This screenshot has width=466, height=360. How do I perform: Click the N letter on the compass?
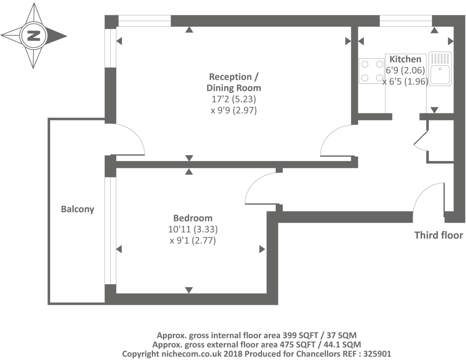[34, 36]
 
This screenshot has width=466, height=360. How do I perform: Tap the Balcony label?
[78, 209]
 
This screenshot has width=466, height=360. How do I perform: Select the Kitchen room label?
[405, 59]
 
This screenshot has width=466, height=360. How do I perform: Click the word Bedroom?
[193, 218]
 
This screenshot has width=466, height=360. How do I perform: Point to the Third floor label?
[439, 235]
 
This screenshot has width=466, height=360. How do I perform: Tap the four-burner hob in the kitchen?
[372, 71]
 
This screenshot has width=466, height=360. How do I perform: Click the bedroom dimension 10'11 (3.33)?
[193, 229]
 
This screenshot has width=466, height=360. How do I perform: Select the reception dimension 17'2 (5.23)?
[234, 99]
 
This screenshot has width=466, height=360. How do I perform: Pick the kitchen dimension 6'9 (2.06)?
[405, 70]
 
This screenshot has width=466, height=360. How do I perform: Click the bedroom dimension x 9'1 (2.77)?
[193, 240]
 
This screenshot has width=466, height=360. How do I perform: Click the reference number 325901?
[377, 354]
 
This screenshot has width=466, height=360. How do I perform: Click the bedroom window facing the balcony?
[111, 231]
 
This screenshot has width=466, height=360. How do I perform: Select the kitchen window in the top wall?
[406, 21]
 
